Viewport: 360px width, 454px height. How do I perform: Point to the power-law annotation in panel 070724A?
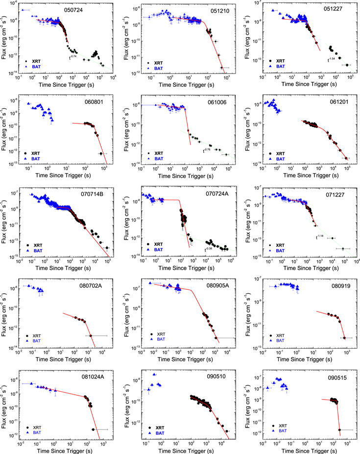211,249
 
